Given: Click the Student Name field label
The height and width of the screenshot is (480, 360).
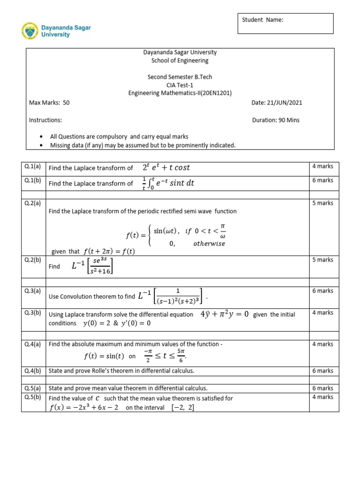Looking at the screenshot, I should click(262, 20).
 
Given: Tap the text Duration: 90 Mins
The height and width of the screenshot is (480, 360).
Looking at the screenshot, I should click(276, 120).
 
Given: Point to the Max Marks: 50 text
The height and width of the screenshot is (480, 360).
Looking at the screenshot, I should click(49, 103).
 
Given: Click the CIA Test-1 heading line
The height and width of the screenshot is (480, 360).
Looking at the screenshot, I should click(180, 85).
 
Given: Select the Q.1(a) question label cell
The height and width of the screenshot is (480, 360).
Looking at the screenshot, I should click(33, 166).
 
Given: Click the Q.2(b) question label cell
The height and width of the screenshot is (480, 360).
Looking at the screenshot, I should click(33, 260).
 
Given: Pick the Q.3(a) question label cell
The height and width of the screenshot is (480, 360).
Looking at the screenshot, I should click(33, 291).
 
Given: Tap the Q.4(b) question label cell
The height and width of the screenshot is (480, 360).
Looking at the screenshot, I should click(33, 371).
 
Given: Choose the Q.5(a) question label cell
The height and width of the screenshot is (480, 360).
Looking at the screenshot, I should click(33, 388).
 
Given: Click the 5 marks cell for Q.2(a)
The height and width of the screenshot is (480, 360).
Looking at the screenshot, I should click(322, 203).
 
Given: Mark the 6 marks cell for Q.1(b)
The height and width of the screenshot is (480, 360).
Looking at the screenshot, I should click(322, 180).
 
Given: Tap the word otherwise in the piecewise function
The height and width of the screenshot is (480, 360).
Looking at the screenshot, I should click(209, 244).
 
